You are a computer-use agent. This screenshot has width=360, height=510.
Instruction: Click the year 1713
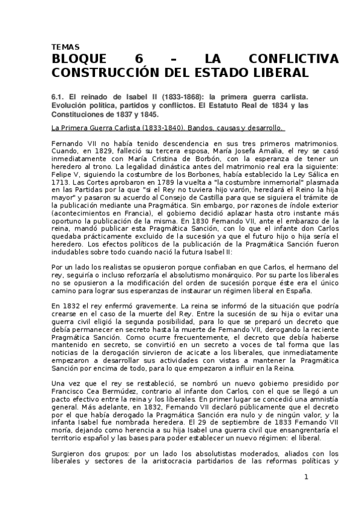[62, 180]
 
